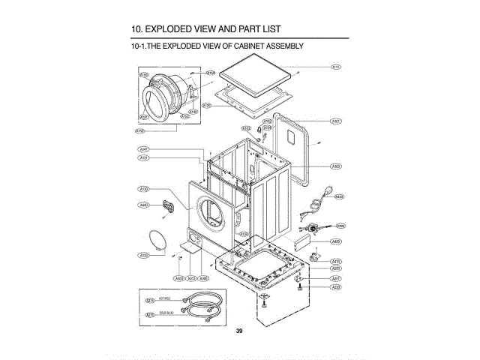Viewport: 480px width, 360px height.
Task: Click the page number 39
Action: [238, 331]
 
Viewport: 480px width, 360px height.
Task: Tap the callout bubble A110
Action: [337, 67]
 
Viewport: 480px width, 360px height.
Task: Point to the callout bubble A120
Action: [206, 106]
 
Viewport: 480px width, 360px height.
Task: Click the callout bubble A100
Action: [337, 166]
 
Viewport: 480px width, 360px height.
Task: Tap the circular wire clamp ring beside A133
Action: [158, 240]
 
